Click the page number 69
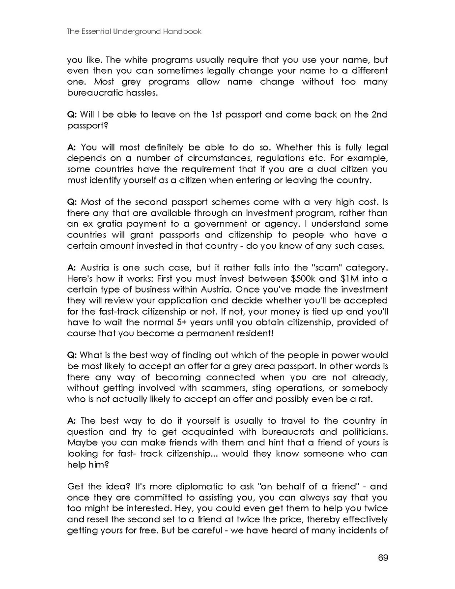click(383, 558)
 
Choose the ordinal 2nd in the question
click(378, 115)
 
